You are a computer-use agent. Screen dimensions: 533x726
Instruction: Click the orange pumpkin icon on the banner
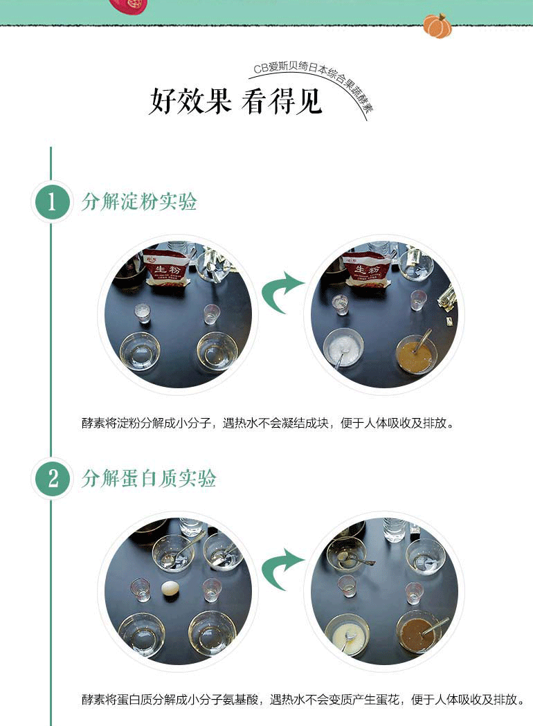437,26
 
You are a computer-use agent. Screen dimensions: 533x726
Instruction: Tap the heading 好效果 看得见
235,101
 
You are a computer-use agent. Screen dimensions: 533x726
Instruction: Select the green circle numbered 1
51,202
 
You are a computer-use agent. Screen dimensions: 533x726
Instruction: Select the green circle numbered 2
51,478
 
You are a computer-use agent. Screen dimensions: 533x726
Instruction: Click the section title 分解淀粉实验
139,202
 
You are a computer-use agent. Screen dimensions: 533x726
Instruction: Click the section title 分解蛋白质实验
149,478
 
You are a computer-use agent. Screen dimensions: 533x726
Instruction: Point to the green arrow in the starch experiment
281,291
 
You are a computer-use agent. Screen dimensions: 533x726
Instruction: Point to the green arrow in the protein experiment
281,569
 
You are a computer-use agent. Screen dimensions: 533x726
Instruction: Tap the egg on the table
169,591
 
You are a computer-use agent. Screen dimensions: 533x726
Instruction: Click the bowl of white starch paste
343,347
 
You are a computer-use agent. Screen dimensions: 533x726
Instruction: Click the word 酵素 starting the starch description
93,424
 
